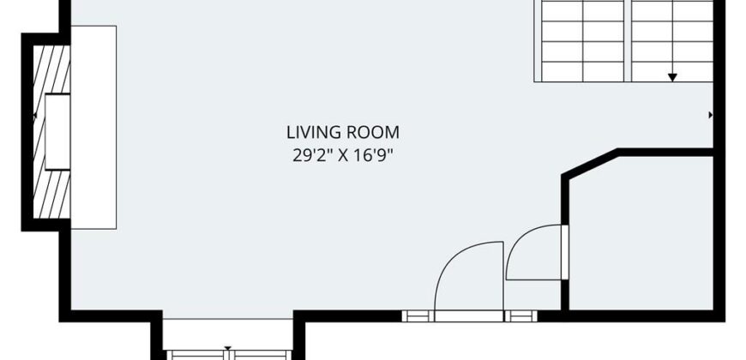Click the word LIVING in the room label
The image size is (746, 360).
tap(314, 132)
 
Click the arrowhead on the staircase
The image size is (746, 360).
tap(672, 77)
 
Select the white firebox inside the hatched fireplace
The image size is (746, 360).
tap(57, 132)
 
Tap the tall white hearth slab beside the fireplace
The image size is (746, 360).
tap(93, 128)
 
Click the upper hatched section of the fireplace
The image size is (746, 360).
tap(51, 69)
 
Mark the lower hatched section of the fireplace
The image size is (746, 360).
tap(51, 194)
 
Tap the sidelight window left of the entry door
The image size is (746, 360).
tap(418, 315)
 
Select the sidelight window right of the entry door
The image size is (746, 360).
tap(521, 315)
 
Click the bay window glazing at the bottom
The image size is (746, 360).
tap(228, 355)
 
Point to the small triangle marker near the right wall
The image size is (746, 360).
tap(711, 115)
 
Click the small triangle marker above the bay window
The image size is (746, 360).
tap(228, 349)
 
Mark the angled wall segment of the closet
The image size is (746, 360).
tap(590, 163)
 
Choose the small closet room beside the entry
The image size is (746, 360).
tap(641, 233)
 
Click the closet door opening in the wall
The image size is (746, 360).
tap(565, 252)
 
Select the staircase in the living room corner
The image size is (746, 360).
tap(623, 41)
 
